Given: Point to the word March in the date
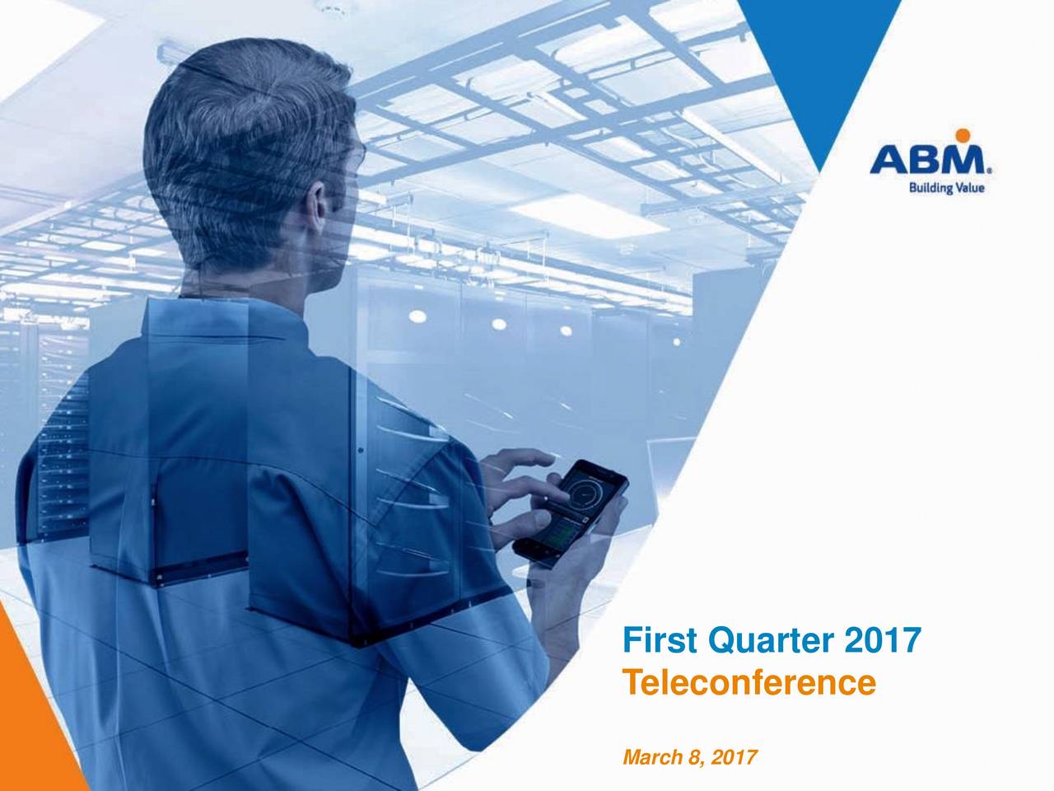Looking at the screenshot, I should click(646, 756).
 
